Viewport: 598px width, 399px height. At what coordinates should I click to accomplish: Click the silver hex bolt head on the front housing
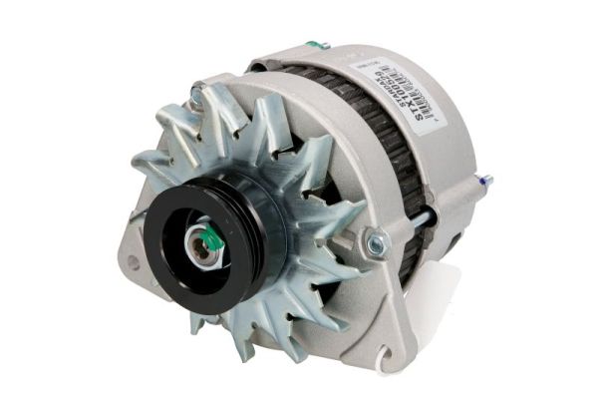pos(376,241)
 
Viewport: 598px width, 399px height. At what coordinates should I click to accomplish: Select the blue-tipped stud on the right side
pos(485,183)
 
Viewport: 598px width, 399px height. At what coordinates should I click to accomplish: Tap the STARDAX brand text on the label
pos(408,100)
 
